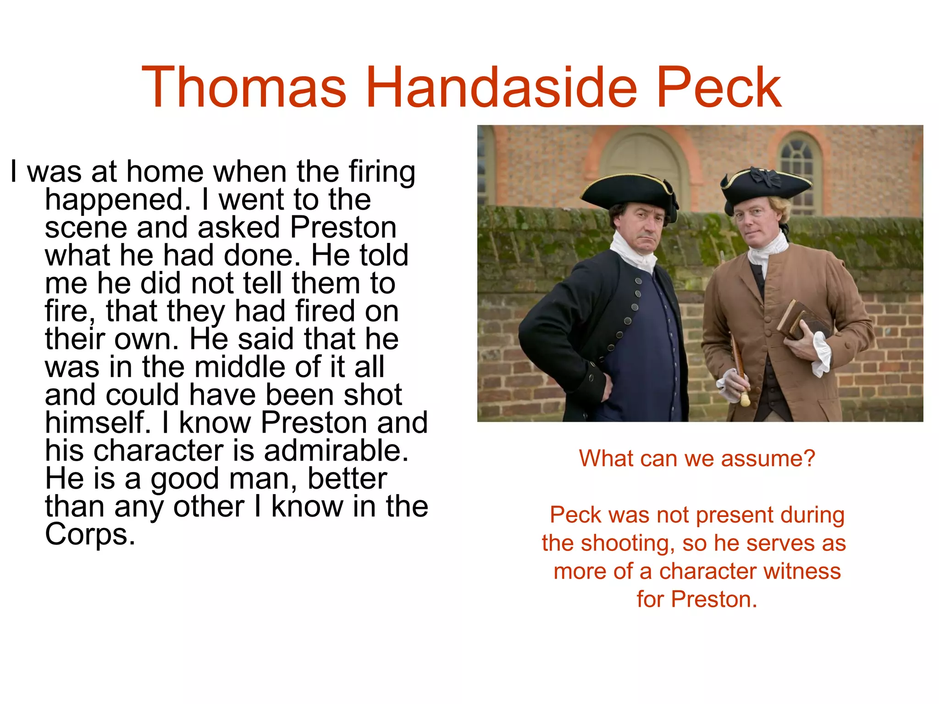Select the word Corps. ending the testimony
(90, 535)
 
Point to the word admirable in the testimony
(336, 451)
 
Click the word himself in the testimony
(97, 423)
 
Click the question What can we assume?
(697, 458)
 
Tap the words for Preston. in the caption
(697, 599)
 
